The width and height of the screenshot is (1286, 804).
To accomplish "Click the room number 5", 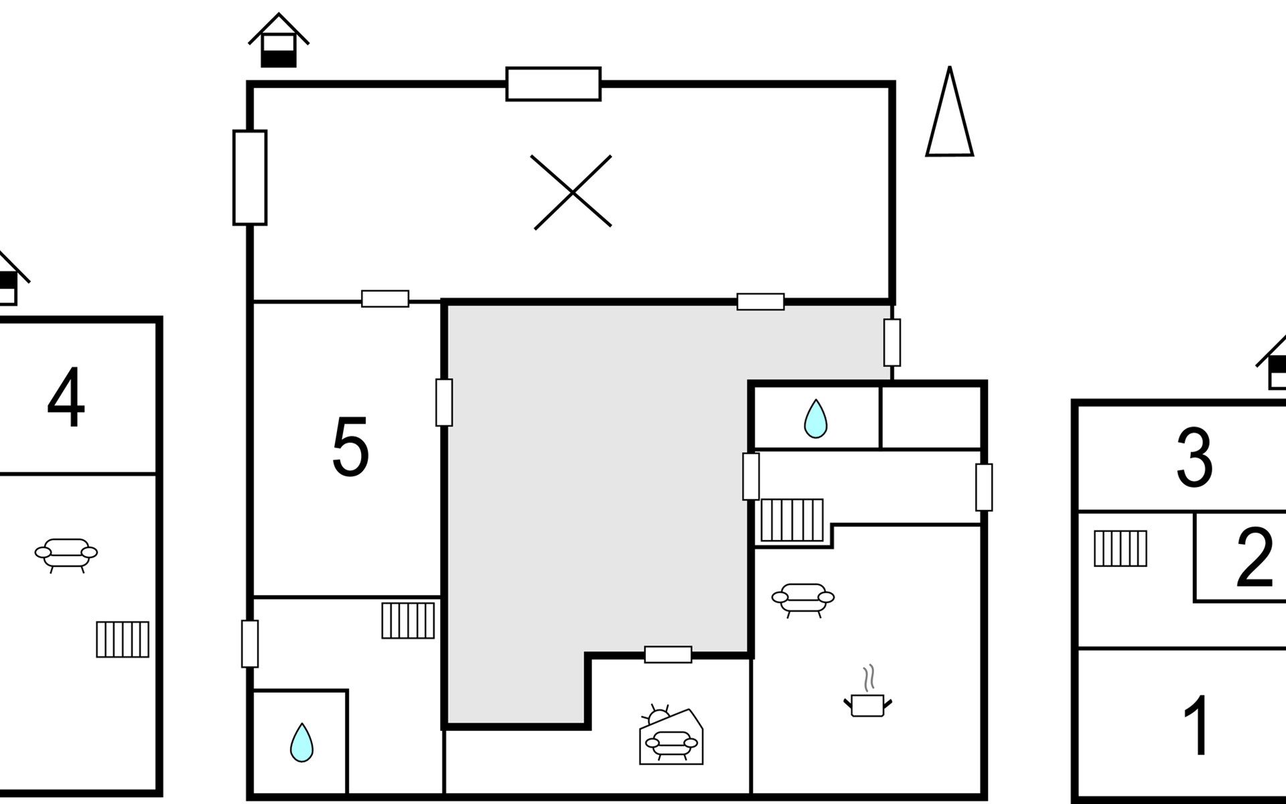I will click(350, 447).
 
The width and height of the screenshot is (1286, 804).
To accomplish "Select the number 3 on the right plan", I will click(1194, 458).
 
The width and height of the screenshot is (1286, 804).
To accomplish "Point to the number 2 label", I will click(1254, 557).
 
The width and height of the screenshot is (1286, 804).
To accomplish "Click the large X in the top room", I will click(572, 192).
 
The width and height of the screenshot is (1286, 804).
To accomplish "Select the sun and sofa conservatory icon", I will click(670, 737).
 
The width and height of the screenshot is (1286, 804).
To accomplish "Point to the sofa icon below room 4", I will click(66, 554).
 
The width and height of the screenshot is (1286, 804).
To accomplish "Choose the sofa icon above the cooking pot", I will click(803, 598).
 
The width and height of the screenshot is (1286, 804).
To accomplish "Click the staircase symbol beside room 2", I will click(1121, 548).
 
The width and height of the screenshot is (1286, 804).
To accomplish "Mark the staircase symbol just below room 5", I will click(408, 620).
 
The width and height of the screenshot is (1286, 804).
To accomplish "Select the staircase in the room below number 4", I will click(123, 639).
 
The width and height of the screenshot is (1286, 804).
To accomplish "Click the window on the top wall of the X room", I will click(553, 84).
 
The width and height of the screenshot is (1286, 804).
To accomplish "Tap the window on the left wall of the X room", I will click(250, 178).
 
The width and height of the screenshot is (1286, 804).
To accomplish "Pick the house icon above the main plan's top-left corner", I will click(279, 42).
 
